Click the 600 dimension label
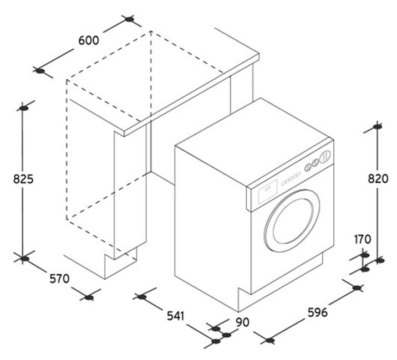point(89,40)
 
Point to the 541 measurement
point(175,316)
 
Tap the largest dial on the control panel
point(326,156)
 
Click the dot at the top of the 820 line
point(378,127)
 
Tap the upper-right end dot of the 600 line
point(130,19)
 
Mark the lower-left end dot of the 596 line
point(269,341)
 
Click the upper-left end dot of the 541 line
point(142,297)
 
